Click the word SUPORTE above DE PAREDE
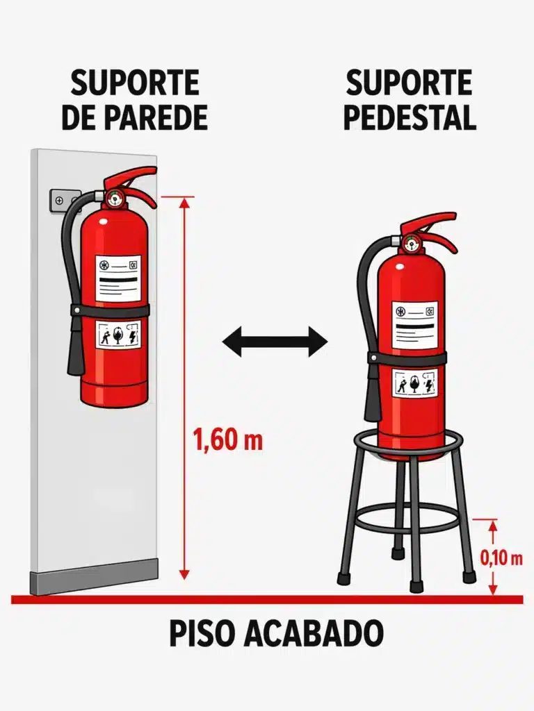(x=134, y=83)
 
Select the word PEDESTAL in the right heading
(x=410, y=118)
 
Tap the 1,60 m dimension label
(x=227, y=440)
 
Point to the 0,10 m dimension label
(x=501, y=558)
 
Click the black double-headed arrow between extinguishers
(x=274, y=342)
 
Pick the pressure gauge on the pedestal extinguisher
(x=413, y=244)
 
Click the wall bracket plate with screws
(x=61, y=199)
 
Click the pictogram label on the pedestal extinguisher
(x=414, y=383)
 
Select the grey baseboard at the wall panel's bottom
(x=93, y=578)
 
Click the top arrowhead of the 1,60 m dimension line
(x=184, y=202)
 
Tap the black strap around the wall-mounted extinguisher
(x=111, y=310)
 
